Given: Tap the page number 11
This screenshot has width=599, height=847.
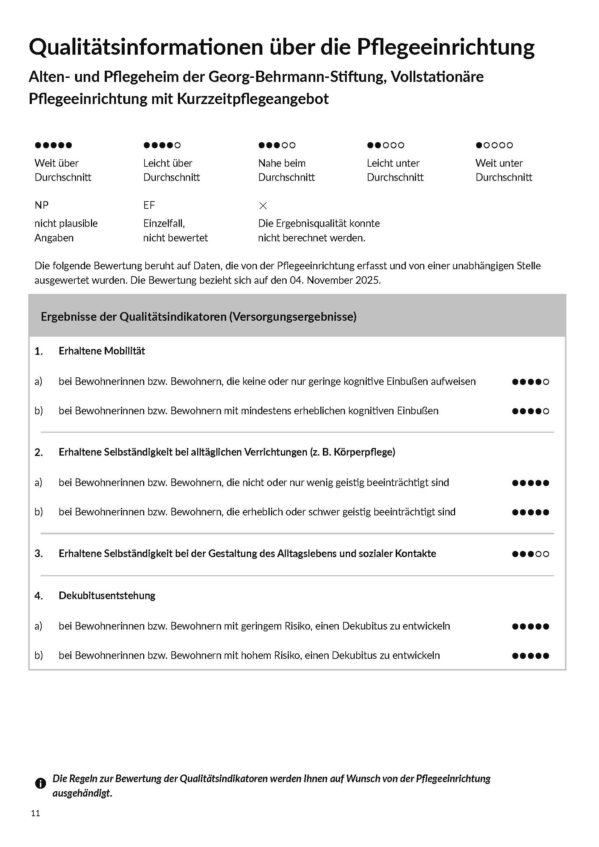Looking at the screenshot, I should tap(36, 813).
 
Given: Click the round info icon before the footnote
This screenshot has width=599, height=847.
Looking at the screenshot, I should tap(40, 783).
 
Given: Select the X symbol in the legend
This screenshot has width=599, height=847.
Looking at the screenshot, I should tap(263, 205).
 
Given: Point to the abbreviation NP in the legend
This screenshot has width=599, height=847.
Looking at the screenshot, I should tap(41, 205).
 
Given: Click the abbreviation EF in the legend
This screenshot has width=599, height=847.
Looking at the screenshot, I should tap(149, 205).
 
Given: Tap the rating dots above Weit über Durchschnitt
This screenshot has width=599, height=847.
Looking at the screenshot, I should tap(53, 145).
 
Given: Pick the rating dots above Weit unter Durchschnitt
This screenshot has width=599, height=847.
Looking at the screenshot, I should tap(494, 145).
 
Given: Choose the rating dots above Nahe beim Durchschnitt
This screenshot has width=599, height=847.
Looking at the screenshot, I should tap(276, 145).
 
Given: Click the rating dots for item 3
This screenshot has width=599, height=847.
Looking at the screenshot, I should tap(531, 554).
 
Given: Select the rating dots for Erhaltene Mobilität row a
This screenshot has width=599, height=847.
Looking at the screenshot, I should tap(531, 382).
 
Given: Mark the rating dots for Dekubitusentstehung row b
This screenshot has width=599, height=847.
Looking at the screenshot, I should tap(531, 656).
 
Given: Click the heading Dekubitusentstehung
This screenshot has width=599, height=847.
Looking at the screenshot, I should tap(107, 595).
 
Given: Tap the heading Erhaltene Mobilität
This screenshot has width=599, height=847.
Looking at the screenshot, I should tap(102, 351).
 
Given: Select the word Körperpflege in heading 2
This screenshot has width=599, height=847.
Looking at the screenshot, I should tap(364, 452).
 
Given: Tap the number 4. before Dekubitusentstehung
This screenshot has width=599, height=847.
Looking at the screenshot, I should tap(39, 596).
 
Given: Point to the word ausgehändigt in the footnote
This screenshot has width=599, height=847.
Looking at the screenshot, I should tap(82, 793).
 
